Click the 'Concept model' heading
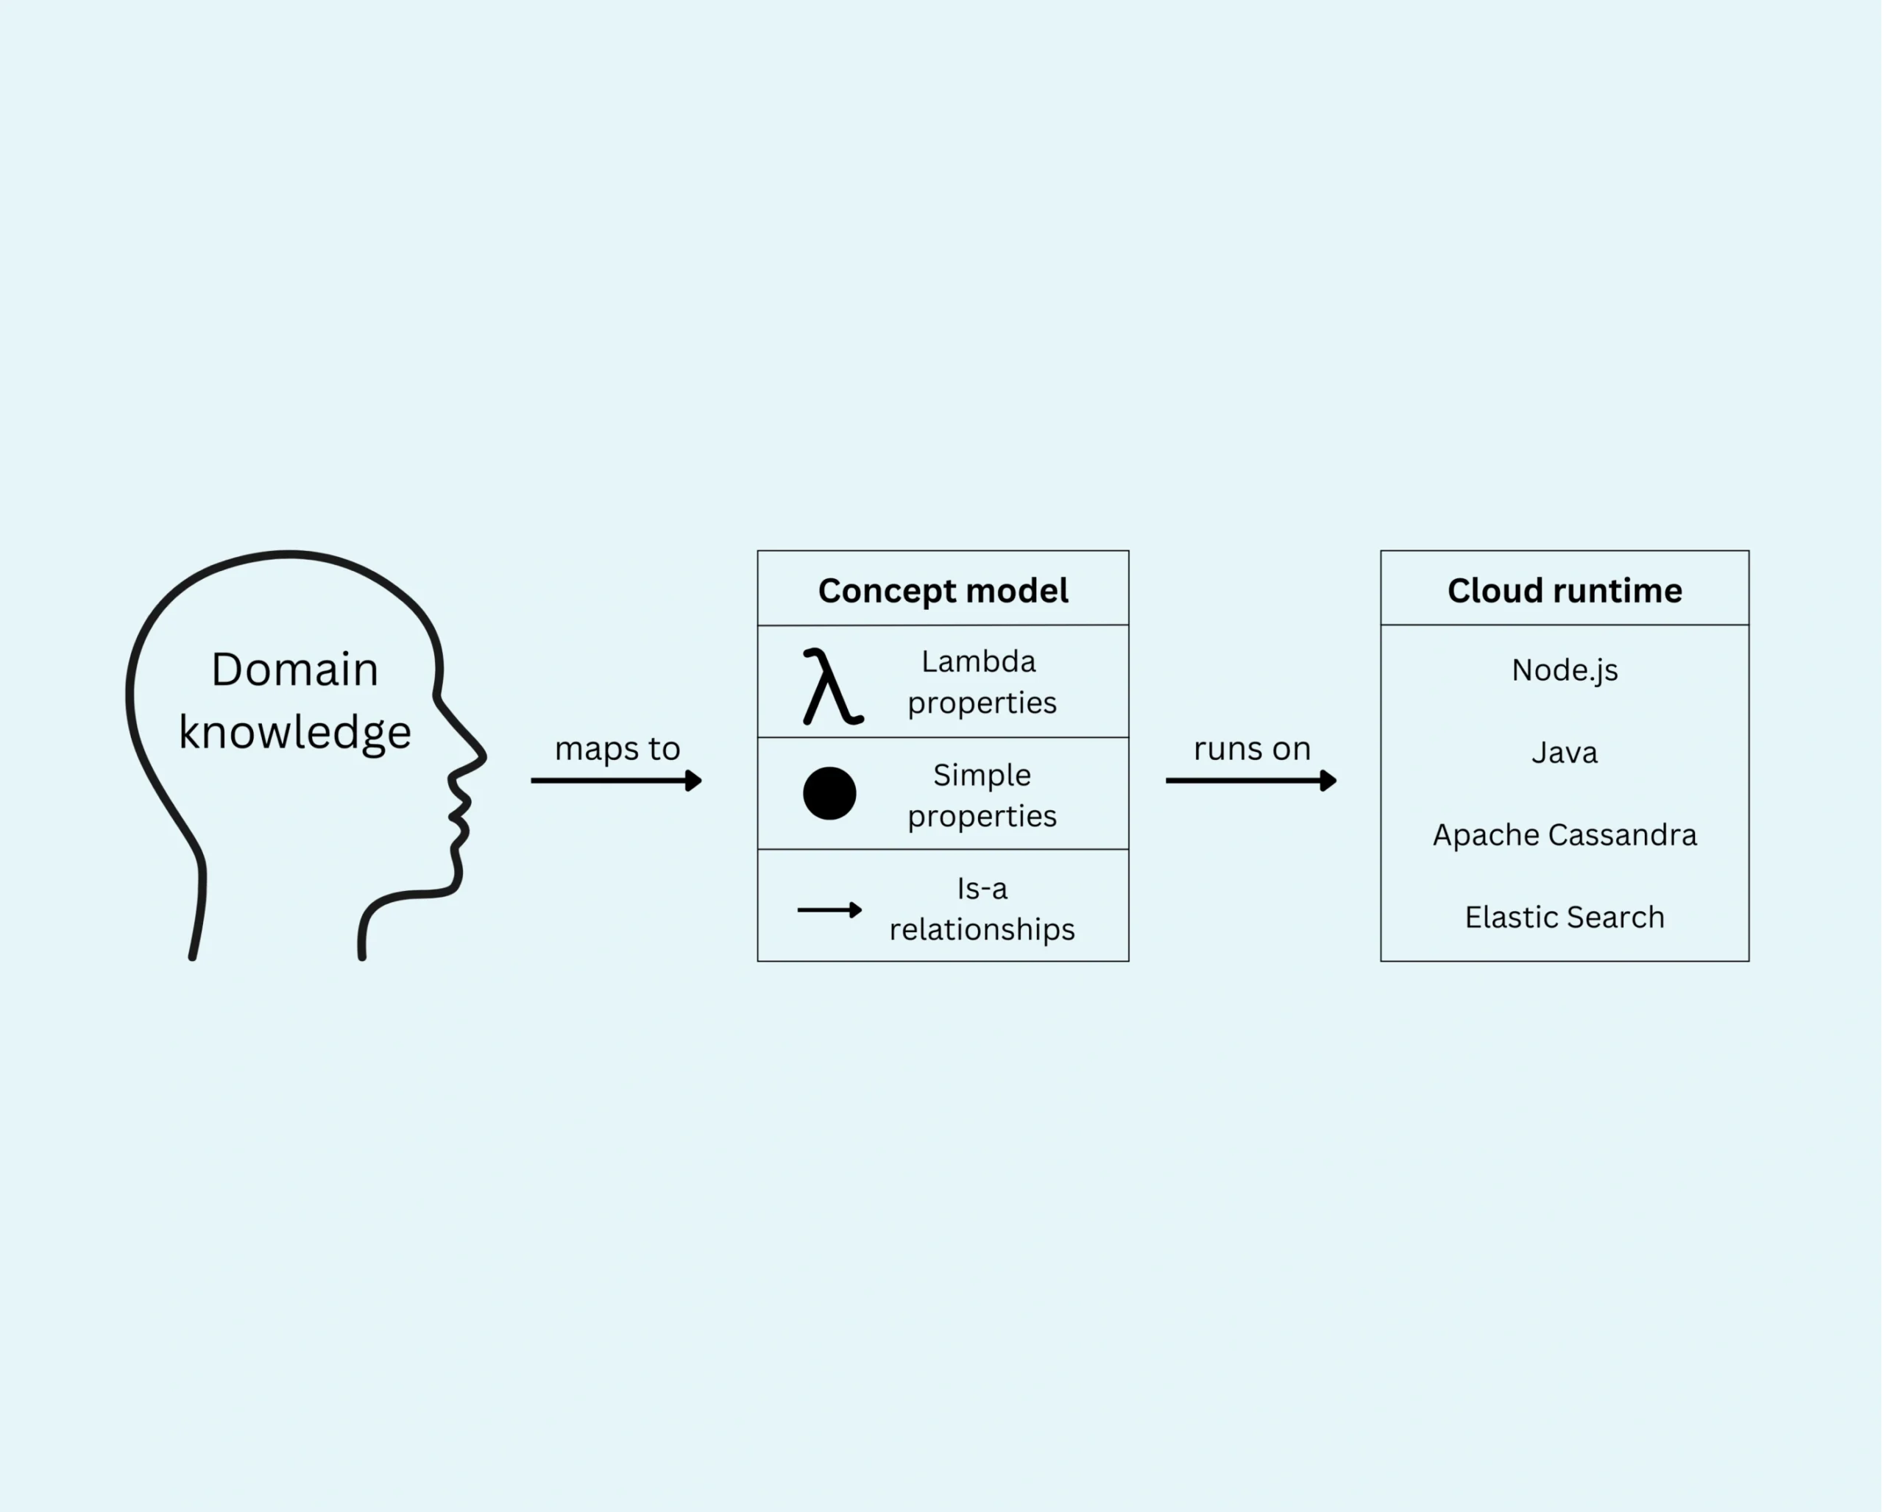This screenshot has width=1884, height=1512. click(943, 592)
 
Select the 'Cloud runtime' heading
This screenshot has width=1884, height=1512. click(1564, 592)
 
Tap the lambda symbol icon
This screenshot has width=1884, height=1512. click(831, 686)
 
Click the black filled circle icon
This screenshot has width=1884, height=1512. click(829, 793)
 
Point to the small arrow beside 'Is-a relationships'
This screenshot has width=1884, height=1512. click(829, 910)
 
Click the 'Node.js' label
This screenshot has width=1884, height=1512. click(1564, 670)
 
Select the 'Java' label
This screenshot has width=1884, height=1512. click(1564, 752)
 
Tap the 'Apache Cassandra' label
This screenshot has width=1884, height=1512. click(1564, 835)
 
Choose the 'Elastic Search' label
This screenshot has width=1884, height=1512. click(1564, 918)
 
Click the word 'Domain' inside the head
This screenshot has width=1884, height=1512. click(295, 670)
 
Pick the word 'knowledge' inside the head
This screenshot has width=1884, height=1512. click(295, 732)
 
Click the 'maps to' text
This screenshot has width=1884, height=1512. click(617, 748)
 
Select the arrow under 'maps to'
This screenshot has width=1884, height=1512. click(616, 780)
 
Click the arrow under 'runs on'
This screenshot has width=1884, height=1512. click(1250, 780)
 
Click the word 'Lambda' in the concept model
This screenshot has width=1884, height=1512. click(979, 662)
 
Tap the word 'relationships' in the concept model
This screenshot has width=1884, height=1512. click(982, 929)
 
